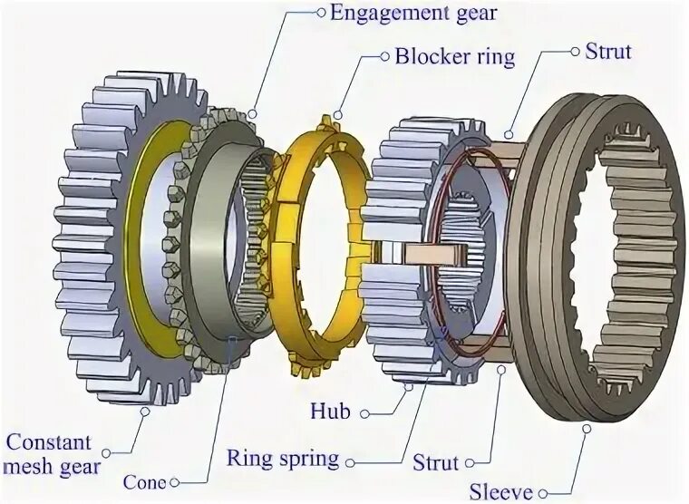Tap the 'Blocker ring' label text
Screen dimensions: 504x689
[x=454, y=56]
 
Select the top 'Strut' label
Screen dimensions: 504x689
[x=607, y=51]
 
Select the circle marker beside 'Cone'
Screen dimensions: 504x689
[x=174, y=481]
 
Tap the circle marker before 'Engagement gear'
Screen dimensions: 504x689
[x=320, y=13]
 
